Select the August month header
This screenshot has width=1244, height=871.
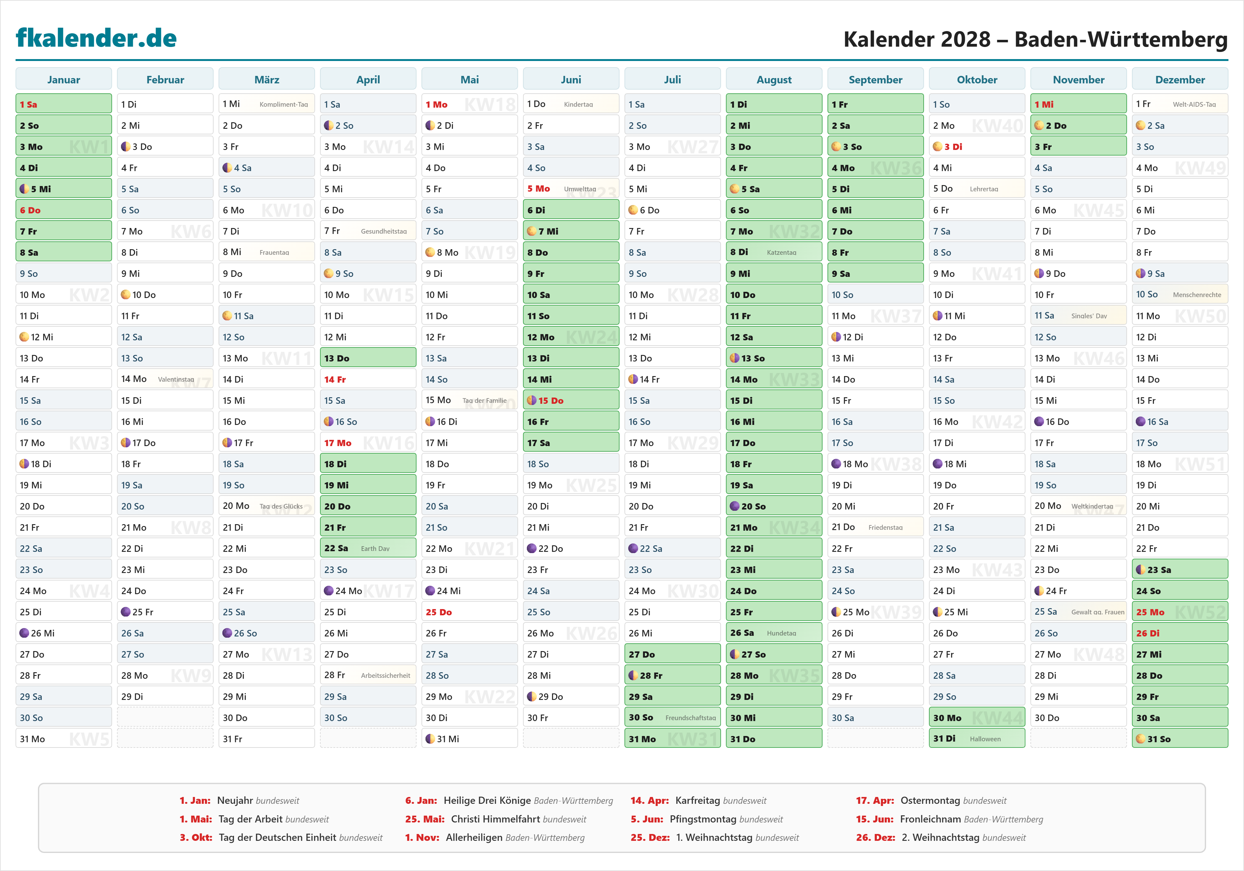click(x=774, y=80)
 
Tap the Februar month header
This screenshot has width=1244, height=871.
click(x=165, y=80)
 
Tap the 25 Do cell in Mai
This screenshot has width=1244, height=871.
click(x=469, y=612)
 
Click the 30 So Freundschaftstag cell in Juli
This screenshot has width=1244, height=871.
click(x=672, y=718)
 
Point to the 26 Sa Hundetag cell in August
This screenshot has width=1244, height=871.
click(x=774, y=633)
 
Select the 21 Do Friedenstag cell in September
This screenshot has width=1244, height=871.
click(x=875, y=527)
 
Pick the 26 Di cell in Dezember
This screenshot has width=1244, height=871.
click(x=1180, y=633)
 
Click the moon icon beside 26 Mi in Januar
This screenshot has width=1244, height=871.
click(x=24, y=633)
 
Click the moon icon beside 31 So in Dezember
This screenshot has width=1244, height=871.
click(x=1140, y=739)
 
